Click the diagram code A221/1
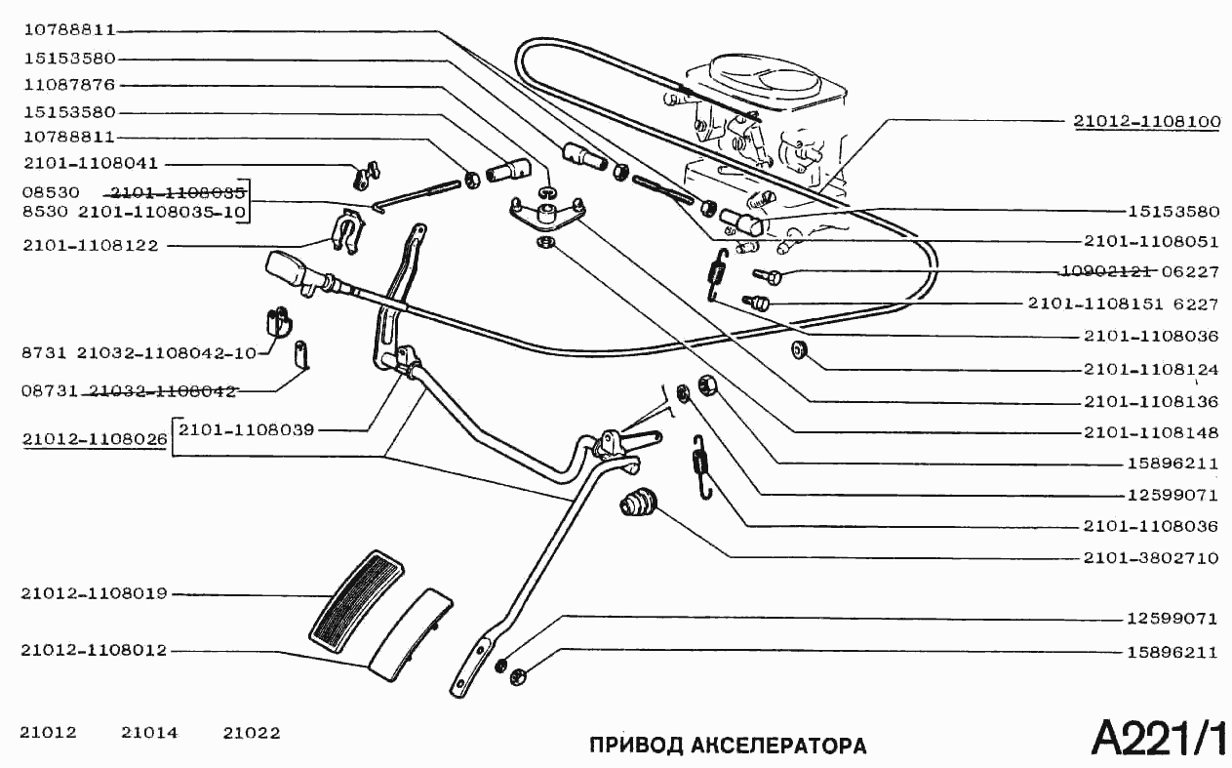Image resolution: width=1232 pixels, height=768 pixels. pos(1157,738)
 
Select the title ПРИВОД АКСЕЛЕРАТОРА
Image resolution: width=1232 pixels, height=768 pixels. pos(728,747)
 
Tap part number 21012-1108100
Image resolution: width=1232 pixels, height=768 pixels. pos(1146,123)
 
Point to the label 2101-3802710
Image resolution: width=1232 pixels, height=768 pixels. pos(1150,559)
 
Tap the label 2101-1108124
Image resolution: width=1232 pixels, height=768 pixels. pos(1150,371)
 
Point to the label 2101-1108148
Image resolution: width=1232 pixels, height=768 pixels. pos(1150,432)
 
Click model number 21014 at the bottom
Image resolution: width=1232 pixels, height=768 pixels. pos(149,733)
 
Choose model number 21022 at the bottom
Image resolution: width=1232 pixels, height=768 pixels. pos(251,733)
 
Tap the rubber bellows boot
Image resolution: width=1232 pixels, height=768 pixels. pos(639,503)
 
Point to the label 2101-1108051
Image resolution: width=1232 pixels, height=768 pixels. pos(1150,241)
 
